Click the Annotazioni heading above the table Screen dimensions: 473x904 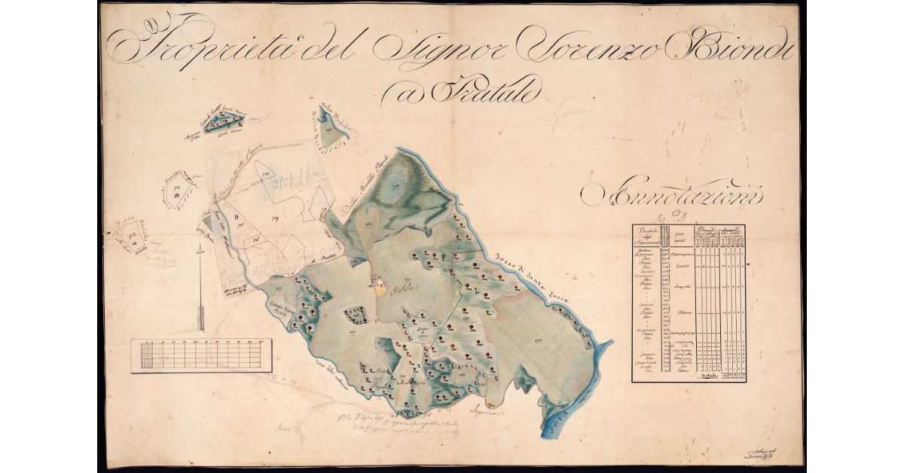(x=674, y=195)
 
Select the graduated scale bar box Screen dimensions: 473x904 (x=200, y=356)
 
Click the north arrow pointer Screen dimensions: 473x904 (x=201, y=294)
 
